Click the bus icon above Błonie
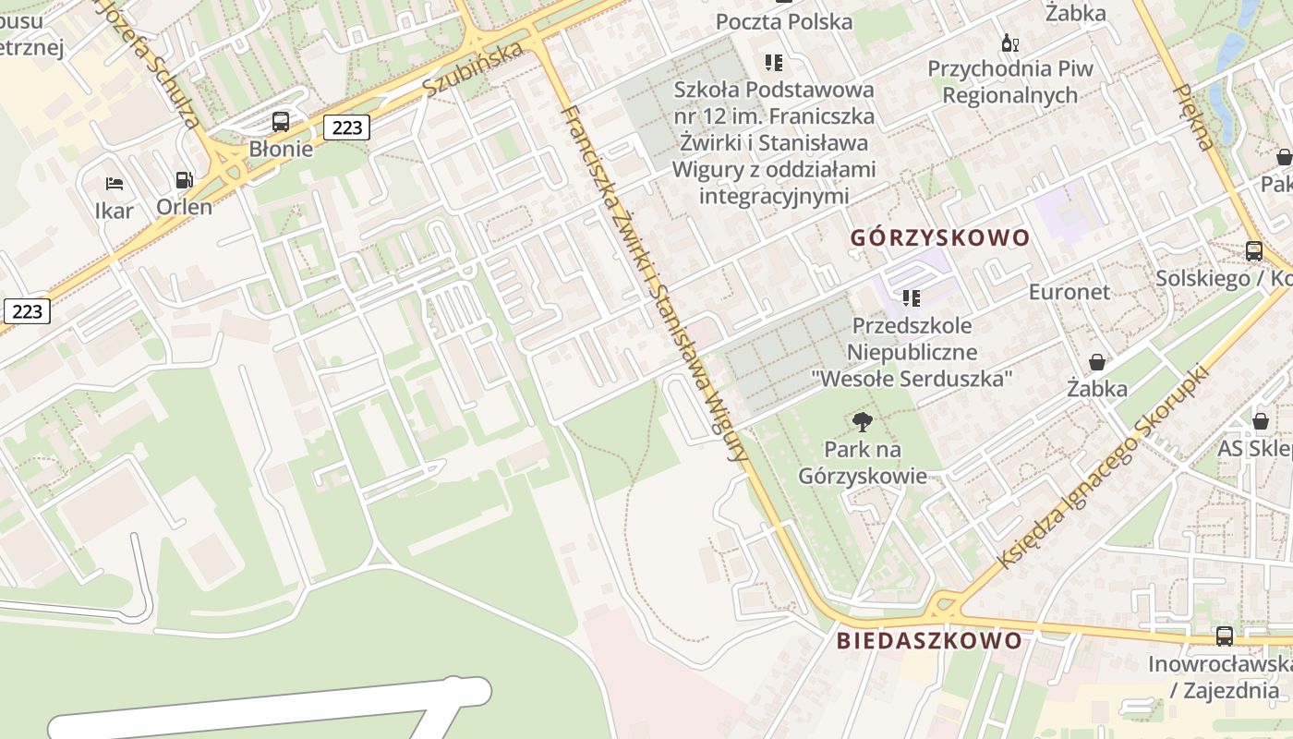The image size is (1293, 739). point(280,122)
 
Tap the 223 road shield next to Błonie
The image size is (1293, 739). point(346,127)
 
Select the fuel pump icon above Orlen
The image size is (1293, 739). point(184,180)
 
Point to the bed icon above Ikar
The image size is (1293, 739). point(115,183)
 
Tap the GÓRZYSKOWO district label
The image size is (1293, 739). point(939,238)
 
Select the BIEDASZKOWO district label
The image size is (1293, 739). point(929,641)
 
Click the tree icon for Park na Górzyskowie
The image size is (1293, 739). point(863,423)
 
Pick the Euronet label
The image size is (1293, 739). point(1069,292)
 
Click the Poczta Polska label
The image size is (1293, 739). point(784,21)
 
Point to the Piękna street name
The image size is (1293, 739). point(1192,116)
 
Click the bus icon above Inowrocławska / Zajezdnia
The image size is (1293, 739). point(1224,636)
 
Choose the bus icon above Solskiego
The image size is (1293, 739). point(1253,250)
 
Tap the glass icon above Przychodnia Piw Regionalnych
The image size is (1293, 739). point(1009,42)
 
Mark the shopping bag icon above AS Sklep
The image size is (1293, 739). point(1260,421)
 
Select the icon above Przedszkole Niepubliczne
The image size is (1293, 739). point(912,298)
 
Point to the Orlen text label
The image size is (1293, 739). point(184,207)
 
